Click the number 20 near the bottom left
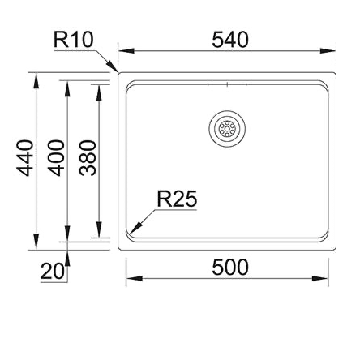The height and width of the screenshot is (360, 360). point(53,272)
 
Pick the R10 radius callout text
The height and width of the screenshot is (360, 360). point(75,39)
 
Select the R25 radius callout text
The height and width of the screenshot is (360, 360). point(177,199)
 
